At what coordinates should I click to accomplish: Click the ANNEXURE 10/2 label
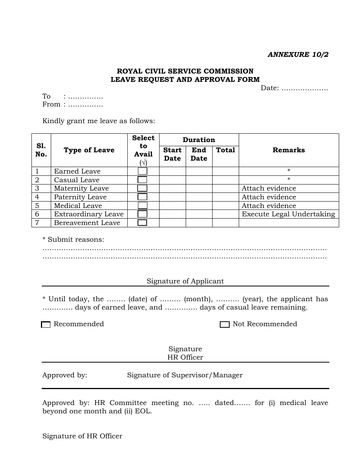(x=298, y=55)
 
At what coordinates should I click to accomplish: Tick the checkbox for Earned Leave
(x=142, y=171)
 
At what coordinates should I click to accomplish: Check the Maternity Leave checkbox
(x=142, y=188)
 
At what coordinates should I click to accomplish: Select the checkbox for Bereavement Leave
(x=142, y=223)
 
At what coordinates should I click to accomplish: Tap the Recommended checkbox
(x=46, y=325)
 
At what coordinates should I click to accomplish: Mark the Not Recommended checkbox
(x=225, y=325)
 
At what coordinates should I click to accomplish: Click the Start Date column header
(x=172, y=154)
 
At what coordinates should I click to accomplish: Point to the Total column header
(x=225, y=150)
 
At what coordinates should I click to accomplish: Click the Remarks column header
(x=289, y=150)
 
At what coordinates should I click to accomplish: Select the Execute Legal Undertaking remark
(x=288, y=214)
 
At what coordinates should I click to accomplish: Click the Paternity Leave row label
(x=80, y=197)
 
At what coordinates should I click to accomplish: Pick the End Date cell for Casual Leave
(x=199, y=180)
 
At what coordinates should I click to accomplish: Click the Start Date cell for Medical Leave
(x=172, y=206)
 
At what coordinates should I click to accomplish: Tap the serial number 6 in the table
(x=37, y=214)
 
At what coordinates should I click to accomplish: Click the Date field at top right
(x=294, y=88)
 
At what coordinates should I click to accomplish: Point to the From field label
(x=52, y=105)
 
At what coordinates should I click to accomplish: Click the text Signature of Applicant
(x=185, y=281)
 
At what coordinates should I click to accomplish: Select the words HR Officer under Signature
(x=185, y=357)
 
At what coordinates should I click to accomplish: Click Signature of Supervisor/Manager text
(x=185, y=375)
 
